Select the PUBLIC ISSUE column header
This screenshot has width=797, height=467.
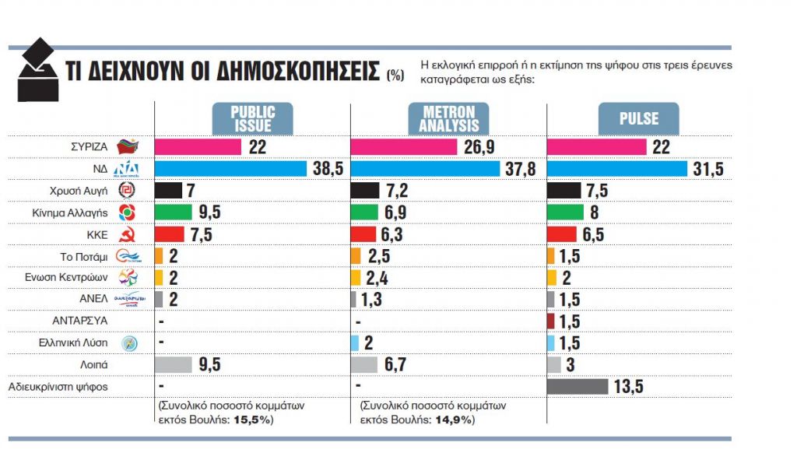click(x=252, y=118)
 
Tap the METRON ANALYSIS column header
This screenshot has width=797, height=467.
click(x=449, y=118)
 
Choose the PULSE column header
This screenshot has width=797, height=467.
click(x=638, y=119)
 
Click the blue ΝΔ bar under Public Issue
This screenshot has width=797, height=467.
click(x=231, y=168)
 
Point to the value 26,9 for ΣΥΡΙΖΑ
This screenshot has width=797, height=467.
click(x=480, y=146)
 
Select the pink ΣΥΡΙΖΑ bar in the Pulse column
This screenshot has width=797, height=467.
click(x=597, y=146)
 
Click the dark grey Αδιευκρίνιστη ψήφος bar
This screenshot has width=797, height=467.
click(x=578, y=386)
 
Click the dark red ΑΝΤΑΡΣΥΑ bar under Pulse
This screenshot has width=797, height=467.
click(x=551, y=321)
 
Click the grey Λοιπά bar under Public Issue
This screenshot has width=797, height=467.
click(x=174, y=364)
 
